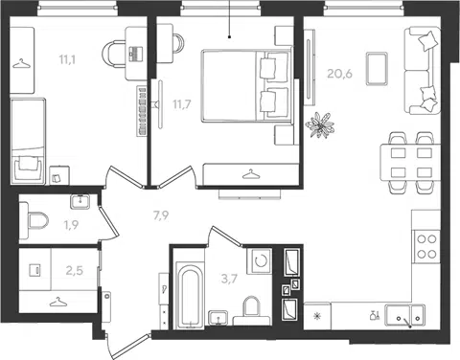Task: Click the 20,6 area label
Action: pos(339,74)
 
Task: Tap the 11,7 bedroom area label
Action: pos(182,104)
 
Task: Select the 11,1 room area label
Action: pos(67,59)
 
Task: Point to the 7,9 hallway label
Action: pos(161,215)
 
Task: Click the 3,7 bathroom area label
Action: pos(229,280)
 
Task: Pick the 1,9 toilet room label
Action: pos(71,225)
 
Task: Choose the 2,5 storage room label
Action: pos(74,271)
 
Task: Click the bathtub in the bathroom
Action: pos(191,295)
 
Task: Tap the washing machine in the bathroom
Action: pos(260,260)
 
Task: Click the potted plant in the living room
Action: pos(320,125)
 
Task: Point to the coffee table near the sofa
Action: pos(377,69)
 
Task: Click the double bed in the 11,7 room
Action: pos(247,85)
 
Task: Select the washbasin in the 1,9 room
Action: pos(80,201)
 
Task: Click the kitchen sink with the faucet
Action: pos(404,316)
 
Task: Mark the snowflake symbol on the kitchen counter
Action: pos(317,316)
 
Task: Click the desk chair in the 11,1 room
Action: pos(114,54)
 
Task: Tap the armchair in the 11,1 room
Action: pos(28,169)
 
